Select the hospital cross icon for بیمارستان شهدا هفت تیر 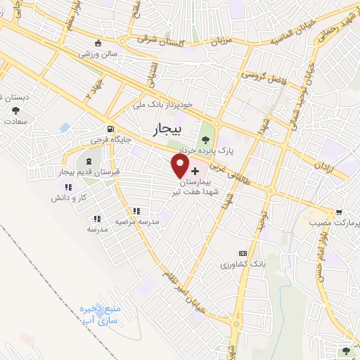click(x=195, y=170)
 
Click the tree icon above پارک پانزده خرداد click(x=205, y=138)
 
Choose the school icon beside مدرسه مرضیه click(x=136, y=210)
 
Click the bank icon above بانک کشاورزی click(x=243, y=253)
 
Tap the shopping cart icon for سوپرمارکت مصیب click(x=339, y=212)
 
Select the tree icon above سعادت click(x=15, y=110)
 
